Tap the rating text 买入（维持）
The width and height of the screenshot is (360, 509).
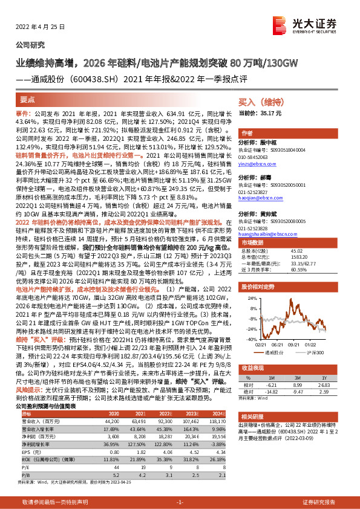pos(259,103)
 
